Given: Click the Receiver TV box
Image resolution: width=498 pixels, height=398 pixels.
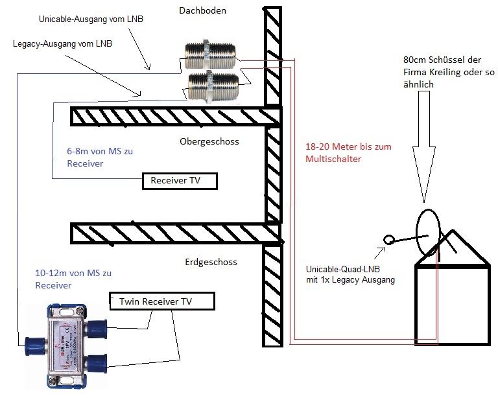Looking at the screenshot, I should click(x=180, y=181).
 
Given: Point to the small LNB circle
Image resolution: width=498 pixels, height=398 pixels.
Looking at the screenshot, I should click(x=389, y=240).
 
